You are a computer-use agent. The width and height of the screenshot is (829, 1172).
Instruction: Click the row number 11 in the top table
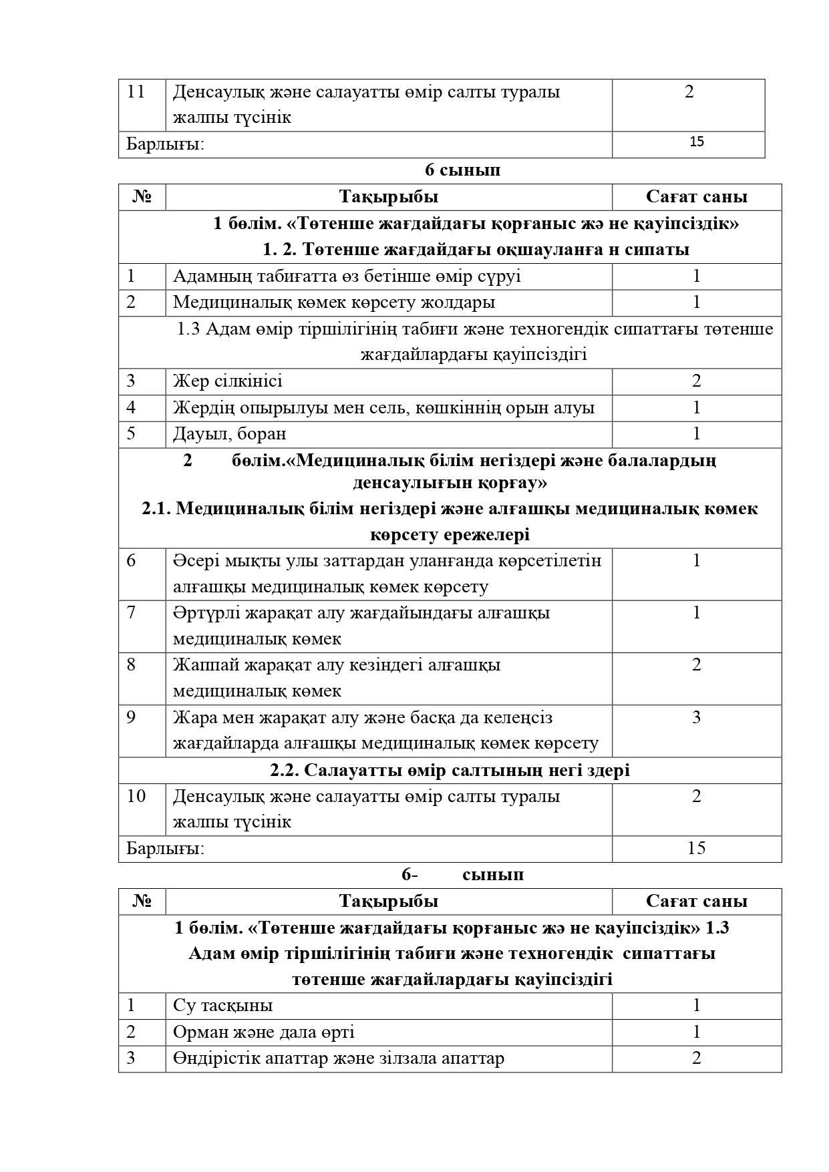136,92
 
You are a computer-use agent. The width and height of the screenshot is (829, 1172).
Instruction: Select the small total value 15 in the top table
696,142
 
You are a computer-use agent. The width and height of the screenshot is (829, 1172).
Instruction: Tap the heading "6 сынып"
462,170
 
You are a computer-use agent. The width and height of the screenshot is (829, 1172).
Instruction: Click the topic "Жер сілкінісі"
228,381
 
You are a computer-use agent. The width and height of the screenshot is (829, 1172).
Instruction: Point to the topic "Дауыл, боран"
230,434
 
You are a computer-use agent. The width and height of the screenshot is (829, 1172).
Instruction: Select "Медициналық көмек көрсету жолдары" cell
334,303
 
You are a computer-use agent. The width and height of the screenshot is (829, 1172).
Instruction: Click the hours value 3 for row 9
696,717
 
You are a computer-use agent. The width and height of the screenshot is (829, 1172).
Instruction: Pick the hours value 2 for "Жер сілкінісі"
696,381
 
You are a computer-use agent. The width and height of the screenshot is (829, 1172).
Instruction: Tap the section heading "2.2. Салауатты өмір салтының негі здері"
450,771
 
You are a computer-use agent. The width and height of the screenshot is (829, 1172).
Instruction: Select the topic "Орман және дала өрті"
264,1032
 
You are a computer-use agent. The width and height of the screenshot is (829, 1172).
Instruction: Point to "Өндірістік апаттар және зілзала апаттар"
339,1058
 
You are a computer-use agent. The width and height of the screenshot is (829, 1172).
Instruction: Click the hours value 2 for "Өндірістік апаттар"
696,1058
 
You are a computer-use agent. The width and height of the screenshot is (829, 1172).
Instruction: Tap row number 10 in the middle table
136,796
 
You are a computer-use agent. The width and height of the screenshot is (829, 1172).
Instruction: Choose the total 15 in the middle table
696,849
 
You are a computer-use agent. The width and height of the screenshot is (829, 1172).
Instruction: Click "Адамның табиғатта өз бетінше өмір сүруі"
347,276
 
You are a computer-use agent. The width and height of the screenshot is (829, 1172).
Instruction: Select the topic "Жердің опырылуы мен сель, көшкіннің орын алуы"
383,407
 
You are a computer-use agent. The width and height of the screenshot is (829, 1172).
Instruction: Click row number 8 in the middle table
131,665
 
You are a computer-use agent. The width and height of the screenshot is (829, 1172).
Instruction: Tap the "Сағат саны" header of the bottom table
696,902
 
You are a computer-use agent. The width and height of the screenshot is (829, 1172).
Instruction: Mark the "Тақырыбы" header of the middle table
388,197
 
